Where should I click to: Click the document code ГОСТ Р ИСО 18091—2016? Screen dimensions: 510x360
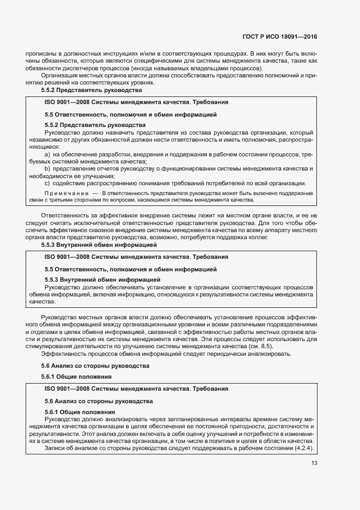[279, 38]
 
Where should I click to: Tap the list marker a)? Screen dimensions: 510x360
[48, 155]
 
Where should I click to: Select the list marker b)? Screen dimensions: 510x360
[48, 169]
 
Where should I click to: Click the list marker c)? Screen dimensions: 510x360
[48, 183]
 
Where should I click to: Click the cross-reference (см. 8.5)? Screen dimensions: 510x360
[260, 347]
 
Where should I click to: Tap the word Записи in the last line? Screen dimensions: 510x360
[56, 448]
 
